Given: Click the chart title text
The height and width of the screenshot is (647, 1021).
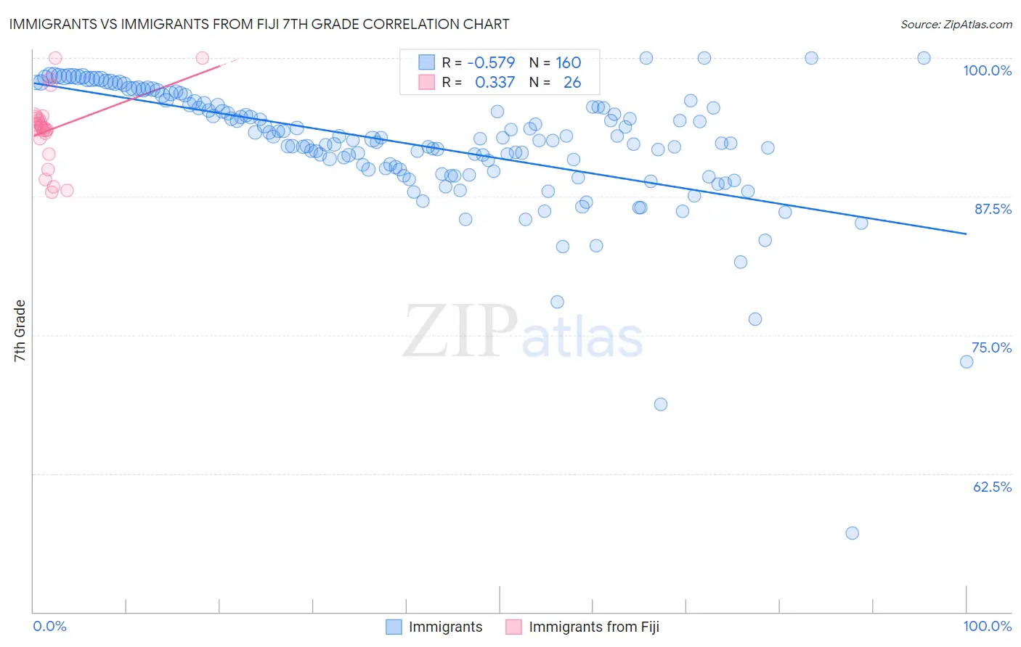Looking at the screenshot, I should tap(260, 24).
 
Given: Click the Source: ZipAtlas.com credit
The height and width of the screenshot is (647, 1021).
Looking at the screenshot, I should tap(956, 24).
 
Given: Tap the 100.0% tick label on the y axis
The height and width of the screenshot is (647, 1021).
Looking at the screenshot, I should tap(987, 70).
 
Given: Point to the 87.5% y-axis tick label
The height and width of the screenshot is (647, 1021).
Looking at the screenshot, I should tap(993, 209).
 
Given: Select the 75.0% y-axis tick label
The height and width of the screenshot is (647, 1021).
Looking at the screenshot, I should tap(991, 347).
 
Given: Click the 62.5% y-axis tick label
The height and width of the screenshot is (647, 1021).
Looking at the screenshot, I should tap(992, 487).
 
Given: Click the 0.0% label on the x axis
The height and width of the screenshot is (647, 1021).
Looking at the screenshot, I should tap(49, 626).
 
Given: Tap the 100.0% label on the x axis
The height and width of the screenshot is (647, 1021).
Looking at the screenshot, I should tap(987, 626).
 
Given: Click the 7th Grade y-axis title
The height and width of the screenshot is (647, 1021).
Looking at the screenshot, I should tap(20, 331).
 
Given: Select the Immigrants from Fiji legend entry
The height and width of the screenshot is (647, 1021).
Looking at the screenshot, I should tap(594, 627).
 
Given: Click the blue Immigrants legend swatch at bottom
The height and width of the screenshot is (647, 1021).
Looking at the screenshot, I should tap(394, 627).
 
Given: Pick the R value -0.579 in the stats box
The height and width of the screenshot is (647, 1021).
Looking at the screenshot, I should tap(491, 63).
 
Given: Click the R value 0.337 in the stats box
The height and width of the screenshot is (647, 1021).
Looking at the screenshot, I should tap(495, 83).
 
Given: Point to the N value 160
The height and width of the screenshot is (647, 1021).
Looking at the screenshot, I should tap(568, 63).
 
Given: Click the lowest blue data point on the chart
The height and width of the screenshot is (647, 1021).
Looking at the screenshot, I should tap(852, 533).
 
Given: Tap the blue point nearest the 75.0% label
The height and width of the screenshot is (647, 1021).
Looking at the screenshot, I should tap(966, 361).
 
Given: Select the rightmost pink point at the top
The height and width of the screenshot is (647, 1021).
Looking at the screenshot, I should tap(203, 58).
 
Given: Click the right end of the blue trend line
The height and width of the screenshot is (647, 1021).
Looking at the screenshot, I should tap(966, 234).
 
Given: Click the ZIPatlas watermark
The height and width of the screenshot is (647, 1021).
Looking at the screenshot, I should tap(523, 331).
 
